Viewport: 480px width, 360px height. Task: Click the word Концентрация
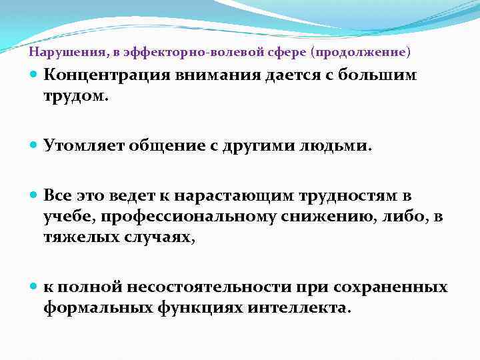point(106,75)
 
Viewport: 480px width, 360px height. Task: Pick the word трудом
point(73,97)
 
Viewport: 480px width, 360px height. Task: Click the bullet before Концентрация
point(35,75)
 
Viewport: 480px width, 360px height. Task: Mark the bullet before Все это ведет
point(35,196)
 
